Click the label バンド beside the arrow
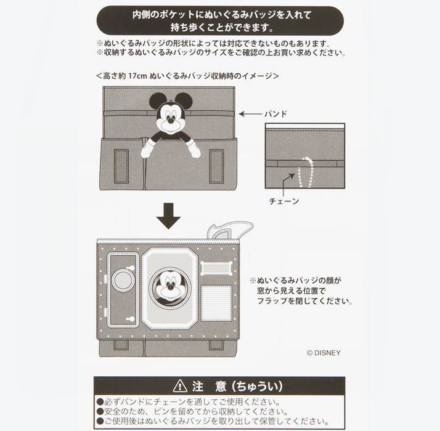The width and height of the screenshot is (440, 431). (275, 114)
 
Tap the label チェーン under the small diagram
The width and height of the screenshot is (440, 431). (284, 201)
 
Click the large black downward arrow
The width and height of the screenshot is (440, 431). (168, 216)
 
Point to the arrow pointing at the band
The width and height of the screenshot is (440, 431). (250, 114)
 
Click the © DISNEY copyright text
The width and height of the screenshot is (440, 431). (324, 353)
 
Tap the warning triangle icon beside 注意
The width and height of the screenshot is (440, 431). (180, 387)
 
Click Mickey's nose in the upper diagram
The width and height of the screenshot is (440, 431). (170, 119)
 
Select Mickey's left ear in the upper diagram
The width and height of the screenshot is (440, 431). (158, 100)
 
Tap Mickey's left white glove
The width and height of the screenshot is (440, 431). (147, 148)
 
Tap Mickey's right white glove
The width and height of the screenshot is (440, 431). (194, 148)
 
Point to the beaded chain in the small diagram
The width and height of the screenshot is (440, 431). (306, 172)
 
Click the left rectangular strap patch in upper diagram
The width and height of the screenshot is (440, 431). (121, 166)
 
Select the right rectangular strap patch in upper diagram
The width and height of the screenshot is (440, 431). (216, 166)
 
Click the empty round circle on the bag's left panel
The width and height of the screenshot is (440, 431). (123, 281)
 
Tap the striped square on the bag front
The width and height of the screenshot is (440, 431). (216, 303)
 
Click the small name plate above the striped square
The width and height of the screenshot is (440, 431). (216, 268)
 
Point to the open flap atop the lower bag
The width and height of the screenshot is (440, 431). (229, 230)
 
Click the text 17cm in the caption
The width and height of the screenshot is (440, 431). (137, 76)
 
